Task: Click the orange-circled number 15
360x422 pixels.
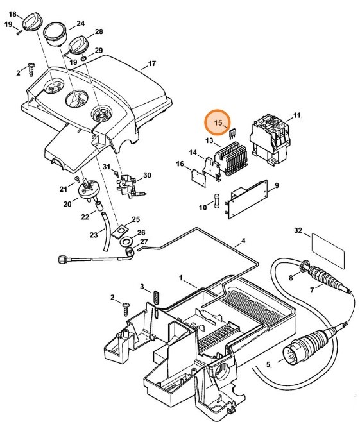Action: click(x=218, y=122)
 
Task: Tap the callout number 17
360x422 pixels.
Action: click(x=152, y=63)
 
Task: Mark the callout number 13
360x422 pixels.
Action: click(x=209, y=140)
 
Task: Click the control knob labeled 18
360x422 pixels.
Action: click(x=31, y=24)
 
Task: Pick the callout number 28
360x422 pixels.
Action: click(x=99, y=31)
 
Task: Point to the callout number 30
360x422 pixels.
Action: click(x=147, y=175)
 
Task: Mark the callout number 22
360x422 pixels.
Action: click(x=85, y=216)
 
